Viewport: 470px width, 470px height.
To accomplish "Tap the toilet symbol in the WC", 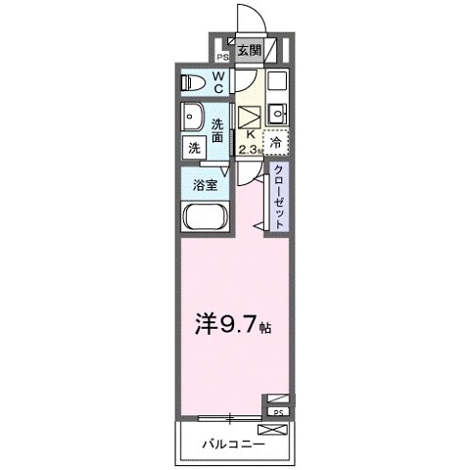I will (x=193, y=82).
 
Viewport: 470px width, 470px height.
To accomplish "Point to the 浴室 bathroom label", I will (x=204, y=182).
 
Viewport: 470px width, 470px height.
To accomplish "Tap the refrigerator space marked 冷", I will (x=276, y=143).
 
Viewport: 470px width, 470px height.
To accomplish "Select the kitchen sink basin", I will (x=277, y=109).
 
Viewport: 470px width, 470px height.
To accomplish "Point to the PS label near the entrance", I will (x=221, y=56).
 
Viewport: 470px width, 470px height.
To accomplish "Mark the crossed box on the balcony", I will (x=271, y=429).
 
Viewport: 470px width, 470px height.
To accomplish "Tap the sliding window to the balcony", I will (x=230, y=418).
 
